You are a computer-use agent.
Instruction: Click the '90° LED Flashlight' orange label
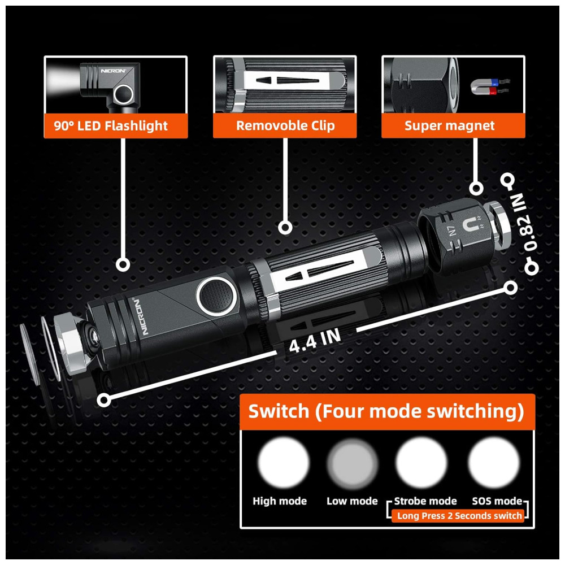[116, 126]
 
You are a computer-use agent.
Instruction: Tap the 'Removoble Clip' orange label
[285, 125]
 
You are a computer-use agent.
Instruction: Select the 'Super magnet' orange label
[453, 125]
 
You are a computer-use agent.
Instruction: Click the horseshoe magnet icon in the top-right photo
[490, 87]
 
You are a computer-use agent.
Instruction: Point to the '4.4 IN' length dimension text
[315, 341]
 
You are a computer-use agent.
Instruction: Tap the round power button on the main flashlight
[216, 296]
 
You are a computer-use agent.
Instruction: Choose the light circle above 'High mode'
[283, 463]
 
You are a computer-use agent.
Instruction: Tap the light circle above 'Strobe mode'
[421, 463]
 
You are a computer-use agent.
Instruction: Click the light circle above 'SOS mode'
[494, 463]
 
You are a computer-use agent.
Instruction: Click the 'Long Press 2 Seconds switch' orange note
[459, 516]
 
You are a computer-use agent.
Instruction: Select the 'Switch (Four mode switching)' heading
[386, 411]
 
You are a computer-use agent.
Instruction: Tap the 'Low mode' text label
[352, 501]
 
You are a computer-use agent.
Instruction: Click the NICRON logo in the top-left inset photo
[113, 71]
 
